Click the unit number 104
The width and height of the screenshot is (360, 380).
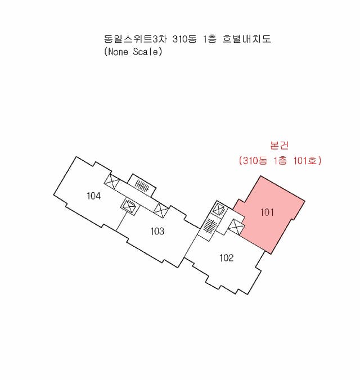tap(93, 196)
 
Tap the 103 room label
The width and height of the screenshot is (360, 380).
tap(157, 231)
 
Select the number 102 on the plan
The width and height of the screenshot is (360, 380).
tap(227, 257)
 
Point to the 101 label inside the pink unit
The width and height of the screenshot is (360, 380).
tap(267, 212)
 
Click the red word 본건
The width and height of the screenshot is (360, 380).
tap(279, 145)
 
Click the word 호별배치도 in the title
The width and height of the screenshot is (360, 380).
tap(246, 39)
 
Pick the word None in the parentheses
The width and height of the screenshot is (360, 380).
tap(118, 52)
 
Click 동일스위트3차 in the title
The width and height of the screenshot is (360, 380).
tap(136, 39)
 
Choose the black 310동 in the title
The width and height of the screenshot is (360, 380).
tap(184, 39)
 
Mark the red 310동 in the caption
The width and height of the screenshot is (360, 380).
tap(255, 160)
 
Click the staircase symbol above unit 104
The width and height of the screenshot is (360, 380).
tap(142, 186)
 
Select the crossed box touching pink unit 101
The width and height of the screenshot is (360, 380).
tap(236, 227)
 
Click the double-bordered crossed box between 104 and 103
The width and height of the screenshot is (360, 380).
tap(129, 206)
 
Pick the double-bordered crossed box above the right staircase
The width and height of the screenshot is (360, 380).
tap(219, 209)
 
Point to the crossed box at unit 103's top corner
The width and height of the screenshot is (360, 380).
tap(161, 210)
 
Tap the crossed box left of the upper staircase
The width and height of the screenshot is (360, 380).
tap(111, 181)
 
